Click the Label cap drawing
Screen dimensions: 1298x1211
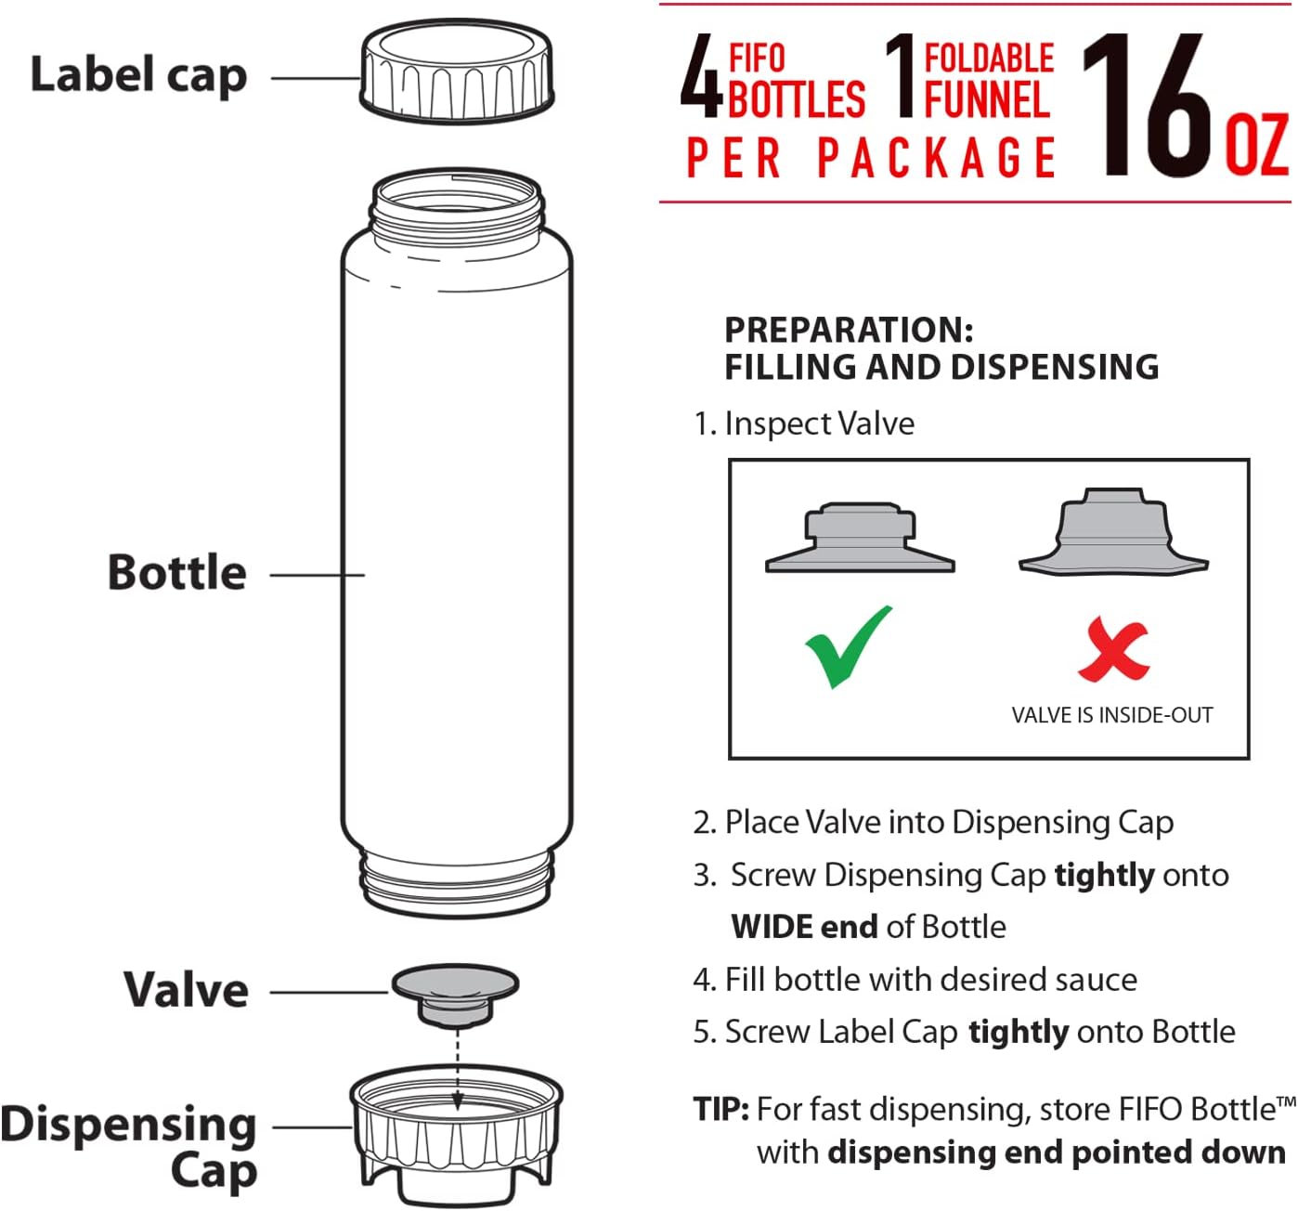(x=457, y=72)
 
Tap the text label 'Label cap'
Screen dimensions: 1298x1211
(x=138, y=75)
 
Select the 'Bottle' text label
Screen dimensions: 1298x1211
(x=177, y=572)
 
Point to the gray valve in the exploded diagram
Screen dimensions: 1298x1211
(x=456, y=994)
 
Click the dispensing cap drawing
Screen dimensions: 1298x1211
(x=456, y=1137)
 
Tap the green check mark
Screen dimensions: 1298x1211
(x=849, y=646)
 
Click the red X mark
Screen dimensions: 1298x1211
(x=1113, y=649)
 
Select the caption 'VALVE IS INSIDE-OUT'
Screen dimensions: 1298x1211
(x=1111, y=715)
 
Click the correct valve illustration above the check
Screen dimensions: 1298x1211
(x=860, y=539)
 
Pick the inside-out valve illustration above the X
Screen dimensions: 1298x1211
(x=1113, y=532)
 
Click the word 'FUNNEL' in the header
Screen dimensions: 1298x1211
(x=987, y=100)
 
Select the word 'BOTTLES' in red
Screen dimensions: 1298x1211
(x=796, y=100)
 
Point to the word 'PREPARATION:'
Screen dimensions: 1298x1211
(x=849, y=330)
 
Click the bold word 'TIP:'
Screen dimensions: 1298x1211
(x=720, y=1109)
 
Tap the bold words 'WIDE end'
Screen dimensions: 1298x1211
(x=804, y=927)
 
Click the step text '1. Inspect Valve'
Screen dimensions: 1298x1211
(x=804, y=423)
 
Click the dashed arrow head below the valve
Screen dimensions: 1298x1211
(x=458, y=1104)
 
